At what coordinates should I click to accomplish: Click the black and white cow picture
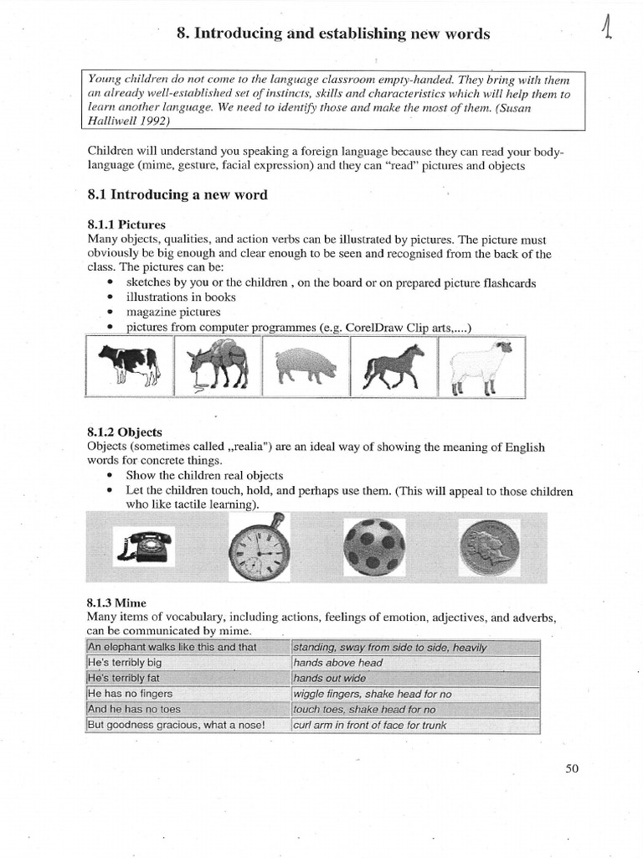click(x=129, y=365)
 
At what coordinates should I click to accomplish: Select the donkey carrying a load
click(x=217, y=365)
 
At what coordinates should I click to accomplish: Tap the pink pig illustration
click(x=305, y=364)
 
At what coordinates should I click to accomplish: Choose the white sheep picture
click(x=481, y=365)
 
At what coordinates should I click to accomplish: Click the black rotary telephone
click(x=144, y=546)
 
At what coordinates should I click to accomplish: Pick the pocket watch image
click(x=260, y=551)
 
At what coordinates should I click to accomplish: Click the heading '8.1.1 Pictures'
click(x=126, y=225)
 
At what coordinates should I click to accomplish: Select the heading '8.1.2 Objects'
click(x=125, y=432)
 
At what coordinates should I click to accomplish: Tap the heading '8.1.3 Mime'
click(x=117, y=602)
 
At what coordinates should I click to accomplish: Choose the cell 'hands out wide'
click(x=330, y=678)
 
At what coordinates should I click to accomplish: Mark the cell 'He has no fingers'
click(x=130, y=694)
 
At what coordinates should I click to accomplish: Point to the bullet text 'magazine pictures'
click(x=173, y=312)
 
